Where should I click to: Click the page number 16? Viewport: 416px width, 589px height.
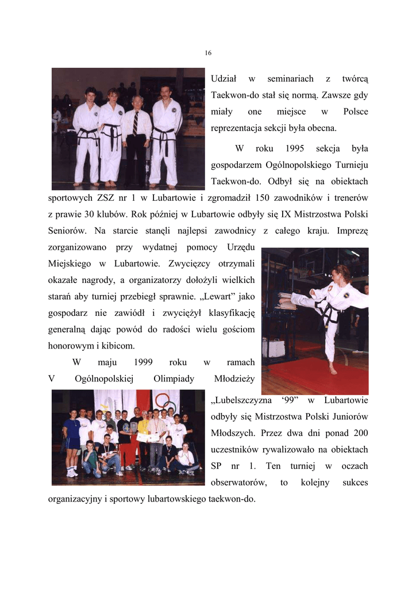pyautogui.click(x=208, y=53)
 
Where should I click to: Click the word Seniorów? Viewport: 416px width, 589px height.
pyautogui.click(x=67, y=231)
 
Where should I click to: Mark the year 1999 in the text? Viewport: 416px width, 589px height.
pyautogui.click(x=143, y=362)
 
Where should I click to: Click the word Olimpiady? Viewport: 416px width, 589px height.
pyautogui.click(x=174, y=378)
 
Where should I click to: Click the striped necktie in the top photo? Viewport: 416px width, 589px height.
pyautogui.click(x=136, y=123)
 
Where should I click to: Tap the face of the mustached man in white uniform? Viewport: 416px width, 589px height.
pyautogui.click(x=165, y=92)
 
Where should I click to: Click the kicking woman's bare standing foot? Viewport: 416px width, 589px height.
pyautogui.click(x=333, y=369)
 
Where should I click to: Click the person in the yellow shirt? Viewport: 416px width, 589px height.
pyautogui.click(x=143, y=429)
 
